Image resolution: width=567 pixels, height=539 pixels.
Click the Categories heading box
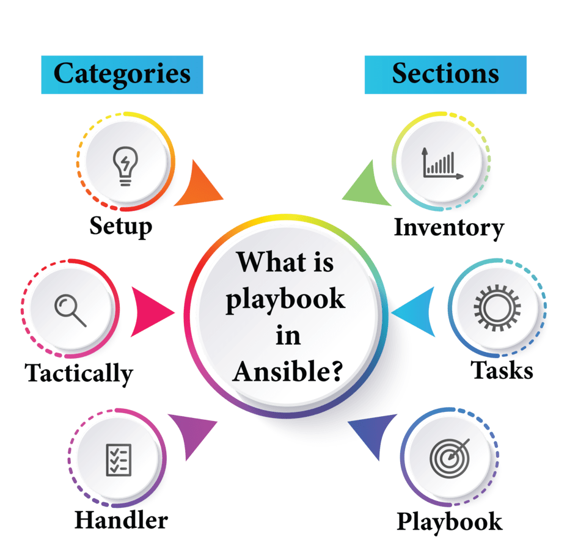point(122,74)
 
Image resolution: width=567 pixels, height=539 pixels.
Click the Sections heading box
point(445,74)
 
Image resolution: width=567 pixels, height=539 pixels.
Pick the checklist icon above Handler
point(117,458)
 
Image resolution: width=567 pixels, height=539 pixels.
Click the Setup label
point(120,226)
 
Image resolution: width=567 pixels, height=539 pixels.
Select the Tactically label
point(79,372)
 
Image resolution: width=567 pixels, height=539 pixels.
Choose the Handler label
point(121,520)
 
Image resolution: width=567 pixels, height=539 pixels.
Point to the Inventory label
point(448,227)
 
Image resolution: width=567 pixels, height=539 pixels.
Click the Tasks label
point(502,370)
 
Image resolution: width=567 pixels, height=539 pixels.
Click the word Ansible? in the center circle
point(287,370)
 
